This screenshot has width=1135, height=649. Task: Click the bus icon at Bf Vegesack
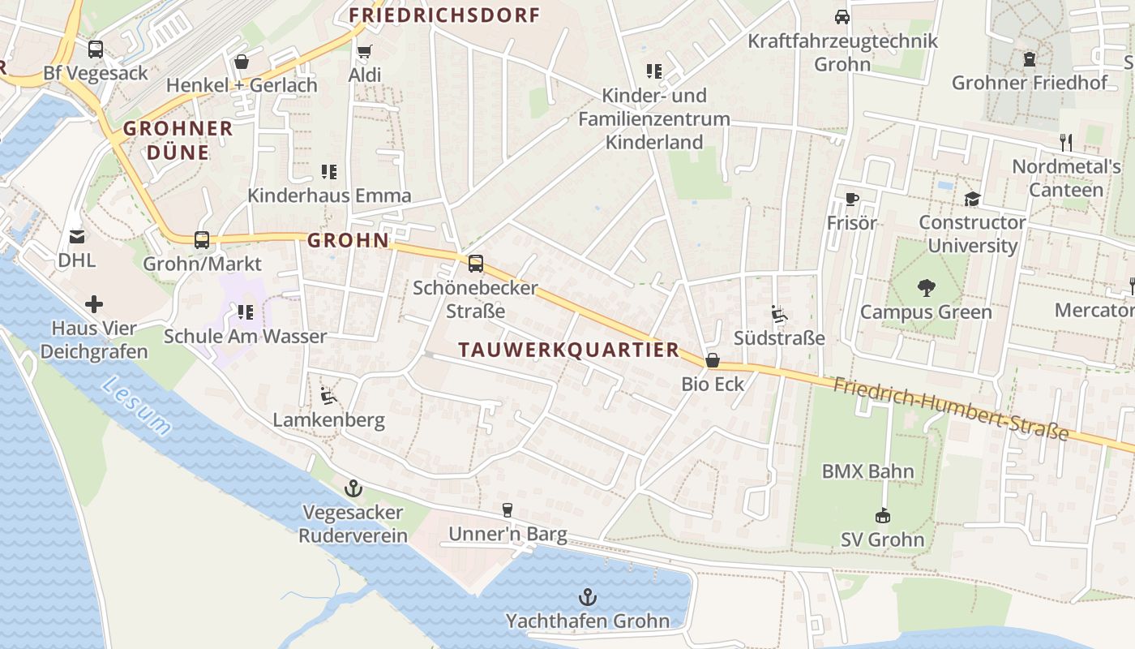coord(96,49)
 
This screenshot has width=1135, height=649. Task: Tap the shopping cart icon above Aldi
coord(364,51)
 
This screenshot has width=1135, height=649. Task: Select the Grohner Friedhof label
coord(1029,83)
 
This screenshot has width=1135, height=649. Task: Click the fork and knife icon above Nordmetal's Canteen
coord(1066,143)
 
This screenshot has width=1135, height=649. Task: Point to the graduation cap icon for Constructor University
coord(971,199)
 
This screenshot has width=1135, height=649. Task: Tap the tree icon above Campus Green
coord(926,288)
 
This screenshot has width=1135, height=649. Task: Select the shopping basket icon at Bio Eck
coord(712,360)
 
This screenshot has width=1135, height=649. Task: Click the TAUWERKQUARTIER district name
coord(568,350)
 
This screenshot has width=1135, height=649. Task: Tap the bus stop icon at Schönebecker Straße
coord(475,264)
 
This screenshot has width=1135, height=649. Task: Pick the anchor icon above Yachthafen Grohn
coord(588,598)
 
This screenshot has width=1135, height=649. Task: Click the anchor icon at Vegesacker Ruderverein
coord(353,488)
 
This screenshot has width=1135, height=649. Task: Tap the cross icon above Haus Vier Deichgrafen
coord(94,304)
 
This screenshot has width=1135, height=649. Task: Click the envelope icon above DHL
coord(76,236)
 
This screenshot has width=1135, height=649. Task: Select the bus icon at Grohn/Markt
coord(202,240)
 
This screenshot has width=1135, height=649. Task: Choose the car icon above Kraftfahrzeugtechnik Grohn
coord(842,16)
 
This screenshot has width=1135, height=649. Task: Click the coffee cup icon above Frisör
coord(851,199)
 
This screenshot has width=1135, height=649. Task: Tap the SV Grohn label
coord(882,539)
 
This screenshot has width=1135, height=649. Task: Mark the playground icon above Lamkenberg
coord(328,396)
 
